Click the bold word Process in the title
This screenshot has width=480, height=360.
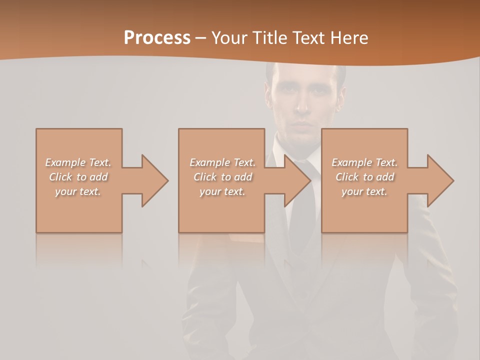[157, 38]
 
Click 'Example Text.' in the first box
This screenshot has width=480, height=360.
[78, 162]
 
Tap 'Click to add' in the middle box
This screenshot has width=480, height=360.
[222, 177]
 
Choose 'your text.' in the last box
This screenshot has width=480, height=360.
[364, 191]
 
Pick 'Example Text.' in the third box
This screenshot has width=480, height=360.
[364, 162]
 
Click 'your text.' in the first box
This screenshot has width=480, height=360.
[78, 191]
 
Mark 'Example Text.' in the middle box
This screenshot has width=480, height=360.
[222, 162]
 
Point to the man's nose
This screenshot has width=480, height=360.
[303, 105]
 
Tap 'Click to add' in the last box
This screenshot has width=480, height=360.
[364, 177]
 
